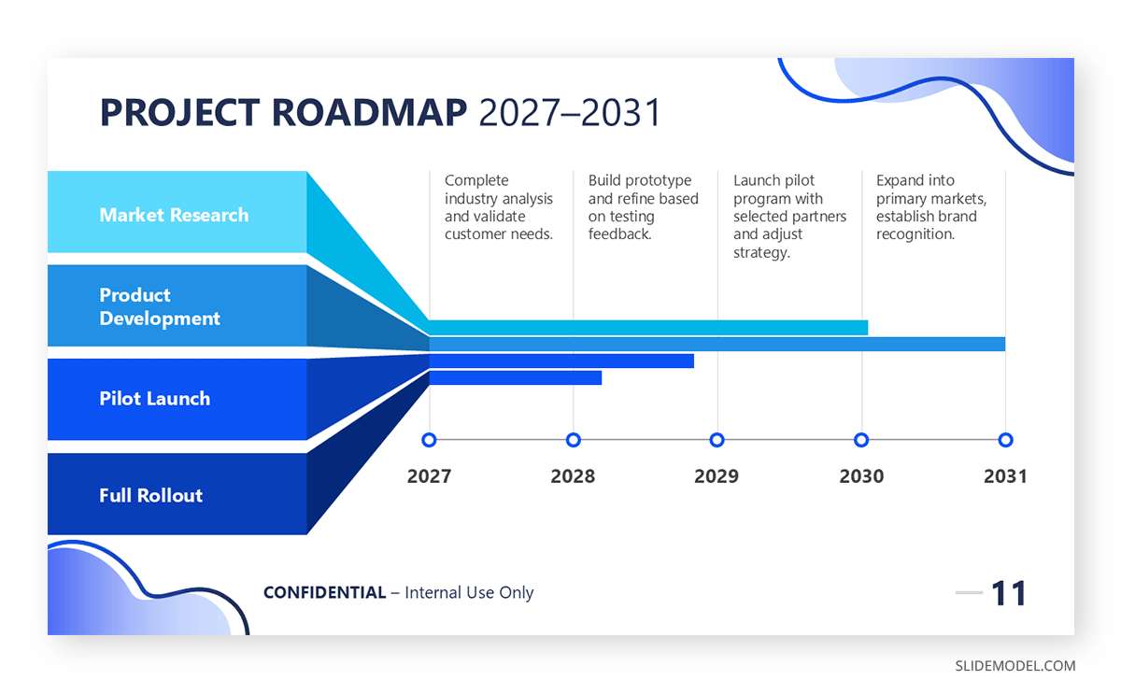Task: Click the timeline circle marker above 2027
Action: [429, 440]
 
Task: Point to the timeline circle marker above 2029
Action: [717, 440]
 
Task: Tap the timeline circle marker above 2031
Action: [1005, 440]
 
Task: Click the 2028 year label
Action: [573, 476]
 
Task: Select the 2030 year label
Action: [861, 476]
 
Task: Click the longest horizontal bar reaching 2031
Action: [717, 344]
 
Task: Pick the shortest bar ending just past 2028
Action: [515, 378]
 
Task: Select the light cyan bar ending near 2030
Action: [648, 327]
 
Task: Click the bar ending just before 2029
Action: [560, 361]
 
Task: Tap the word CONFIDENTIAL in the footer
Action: [324, 592]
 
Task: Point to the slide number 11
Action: [1008, 593]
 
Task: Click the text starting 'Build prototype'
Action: [643, 206]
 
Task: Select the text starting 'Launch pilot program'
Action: [788, 216]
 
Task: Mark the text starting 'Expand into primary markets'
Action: [930, 206]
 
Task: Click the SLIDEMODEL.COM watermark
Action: [1015, 666]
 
